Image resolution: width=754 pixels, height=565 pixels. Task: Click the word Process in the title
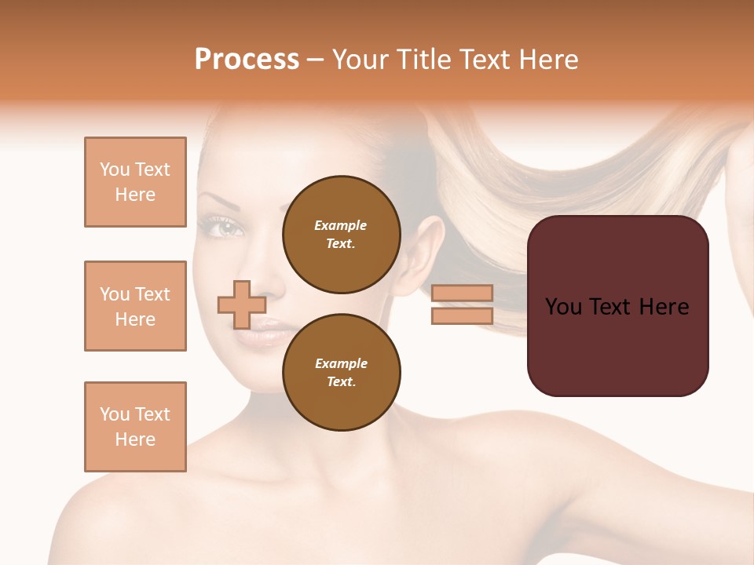pyautogui.click(x=247, y=60)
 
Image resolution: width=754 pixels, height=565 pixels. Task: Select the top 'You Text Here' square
pyautogui.click(x=135, y=182)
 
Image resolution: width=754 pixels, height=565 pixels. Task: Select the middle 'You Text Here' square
pyautogui.click(x=135, y=306)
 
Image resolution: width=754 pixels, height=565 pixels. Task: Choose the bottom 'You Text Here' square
pyautogui.click(x=135, y=427)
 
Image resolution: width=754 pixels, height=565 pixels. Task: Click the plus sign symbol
pyautogui.click(x=242, y=304)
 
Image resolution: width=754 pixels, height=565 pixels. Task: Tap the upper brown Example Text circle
pyautogui.click(x=342, y=235)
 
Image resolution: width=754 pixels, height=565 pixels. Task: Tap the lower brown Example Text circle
pyautogui.click(x=342, y=373)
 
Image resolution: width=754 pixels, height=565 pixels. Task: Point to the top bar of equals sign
pyautogui.click(x=462, y=293)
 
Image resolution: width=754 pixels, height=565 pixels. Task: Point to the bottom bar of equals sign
pyautogui.click(x=462, y=316)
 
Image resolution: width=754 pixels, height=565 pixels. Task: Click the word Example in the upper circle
pyautogui.click(x=341, y=225)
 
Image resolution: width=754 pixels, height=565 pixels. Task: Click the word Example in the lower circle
pyautogui.click(x=341, y=363)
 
